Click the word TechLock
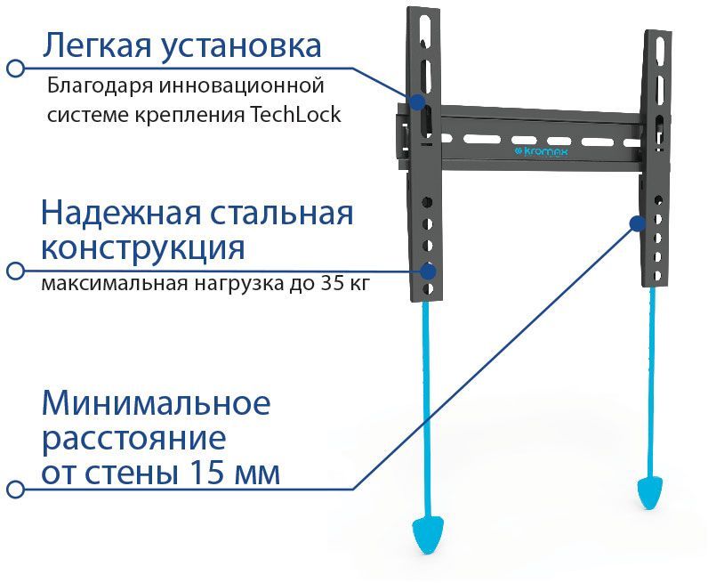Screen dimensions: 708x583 point(294,114)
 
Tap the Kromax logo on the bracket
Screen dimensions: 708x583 point(541,152)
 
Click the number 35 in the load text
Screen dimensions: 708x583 point(331,284)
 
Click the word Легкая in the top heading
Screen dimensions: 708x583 point(97,45)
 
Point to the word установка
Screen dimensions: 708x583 point(241,46)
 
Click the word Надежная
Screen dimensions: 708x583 point(121,214)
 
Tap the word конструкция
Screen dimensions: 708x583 point(143,249)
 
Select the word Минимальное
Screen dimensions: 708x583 point(157,402)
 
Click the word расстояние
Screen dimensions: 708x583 point(134,439)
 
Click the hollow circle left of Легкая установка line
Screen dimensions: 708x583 point(16,69)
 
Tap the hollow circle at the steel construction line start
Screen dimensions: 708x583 point(16,271)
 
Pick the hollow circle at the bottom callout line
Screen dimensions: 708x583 point(16,489)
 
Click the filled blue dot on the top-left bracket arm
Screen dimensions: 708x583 point(418,101)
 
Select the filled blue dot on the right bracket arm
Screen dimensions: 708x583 point(637,223)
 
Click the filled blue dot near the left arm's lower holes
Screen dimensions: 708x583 point(428,271)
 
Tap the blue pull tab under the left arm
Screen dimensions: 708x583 point(428,536)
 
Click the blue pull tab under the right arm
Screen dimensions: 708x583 point(649,494)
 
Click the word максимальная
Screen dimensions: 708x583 point(115,284)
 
